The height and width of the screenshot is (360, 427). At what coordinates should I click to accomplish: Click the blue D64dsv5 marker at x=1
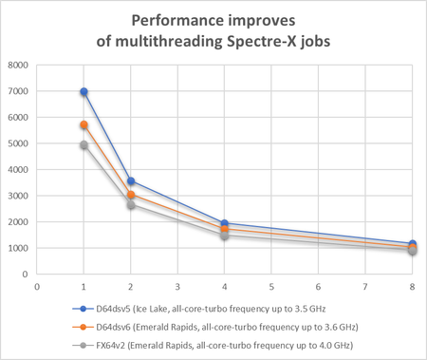(x=84, y=92)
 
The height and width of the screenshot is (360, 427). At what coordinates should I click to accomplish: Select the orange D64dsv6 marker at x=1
(x=84, y=125)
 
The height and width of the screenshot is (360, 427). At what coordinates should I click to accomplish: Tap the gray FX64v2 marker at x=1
(x=84, y=145)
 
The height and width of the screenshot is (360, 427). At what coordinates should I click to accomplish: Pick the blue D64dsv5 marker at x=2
(x=131, y=181)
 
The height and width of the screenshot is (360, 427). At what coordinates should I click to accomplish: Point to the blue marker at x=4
(x=225, y=223)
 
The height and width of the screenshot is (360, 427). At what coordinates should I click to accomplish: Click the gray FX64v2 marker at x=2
(x=131, y=205)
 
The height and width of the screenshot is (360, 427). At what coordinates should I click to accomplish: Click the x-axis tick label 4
(x=225, y=285)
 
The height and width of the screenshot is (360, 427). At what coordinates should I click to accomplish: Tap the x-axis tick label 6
(x=319, y=285)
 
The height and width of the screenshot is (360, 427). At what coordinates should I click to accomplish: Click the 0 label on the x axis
(x=37, y=285)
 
